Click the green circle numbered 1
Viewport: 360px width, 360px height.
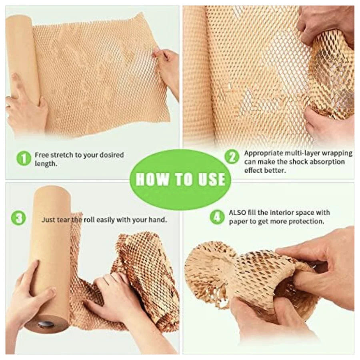click(24, 159)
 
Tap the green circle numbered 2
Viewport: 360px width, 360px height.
click(232, 158)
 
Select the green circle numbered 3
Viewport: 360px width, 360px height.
click(18, 218)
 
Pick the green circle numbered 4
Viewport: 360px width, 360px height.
click(217, 217)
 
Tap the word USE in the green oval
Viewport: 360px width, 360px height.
click(212, 179)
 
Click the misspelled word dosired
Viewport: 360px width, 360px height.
click(112, 155)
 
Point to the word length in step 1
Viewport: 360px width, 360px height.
click(46, 164)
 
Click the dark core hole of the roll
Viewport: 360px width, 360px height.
click(42, 324)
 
